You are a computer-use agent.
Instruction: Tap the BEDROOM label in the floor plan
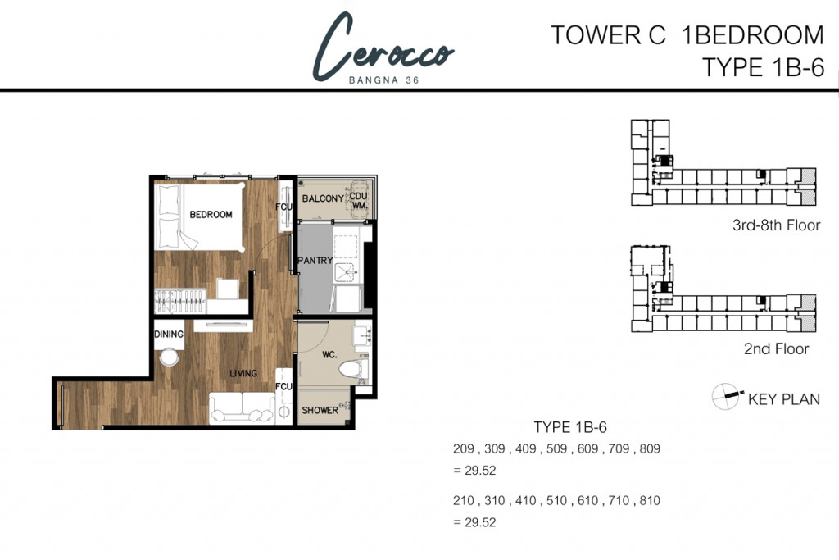211,215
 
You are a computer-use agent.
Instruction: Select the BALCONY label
322,199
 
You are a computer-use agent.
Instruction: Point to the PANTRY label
315,262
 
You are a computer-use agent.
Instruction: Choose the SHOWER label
319,410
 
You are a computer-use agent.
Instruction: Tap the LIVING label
243,373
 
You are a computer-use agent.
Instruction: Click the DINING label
168,335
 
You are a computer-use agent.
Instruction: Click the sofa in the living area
242,407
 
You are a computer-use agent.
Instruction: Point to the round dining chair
170,357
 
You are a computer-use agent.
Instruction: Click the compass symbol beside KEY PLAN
726,396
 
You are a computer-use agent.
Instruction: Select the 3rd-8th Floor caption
776,225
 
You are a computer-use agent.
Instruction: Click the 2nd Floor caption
776,349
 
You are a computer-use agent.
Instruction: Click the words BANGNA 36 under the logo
383,80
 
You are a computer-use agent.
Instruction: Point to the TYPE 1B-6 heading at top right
762,67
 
